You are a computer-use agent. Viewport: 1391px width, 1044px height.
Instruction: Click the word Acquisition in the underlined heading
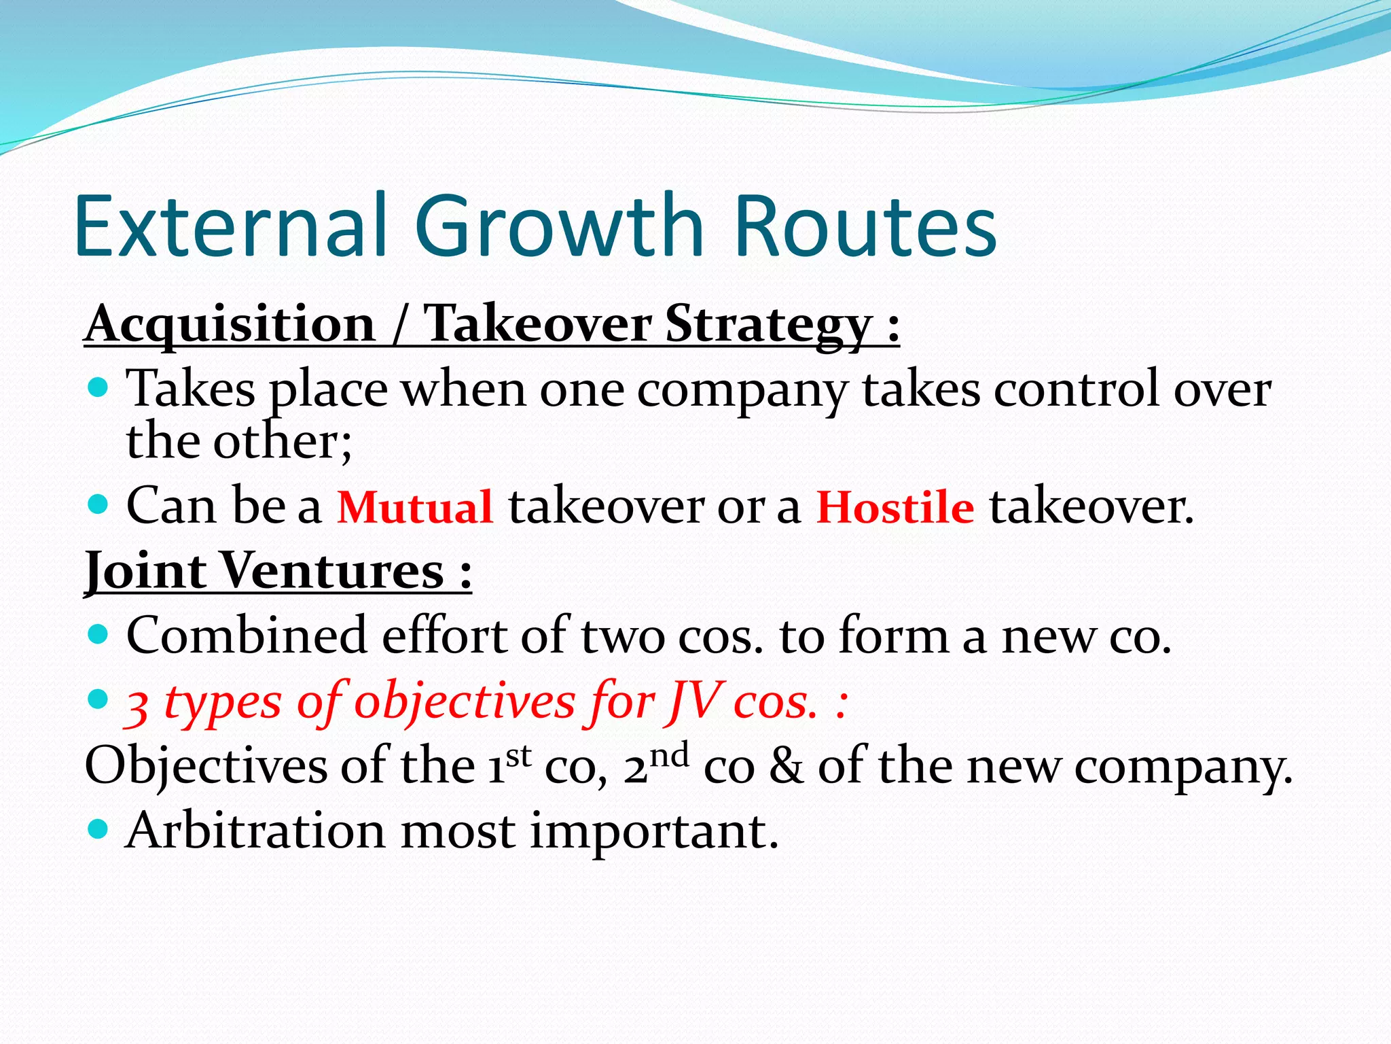coord(230,324)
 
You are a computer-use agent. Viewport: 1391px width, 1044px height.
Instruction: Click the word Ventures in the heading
coord(333,571)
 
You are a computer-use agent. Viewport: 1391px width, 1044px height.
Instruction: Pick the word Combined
coord(247,636)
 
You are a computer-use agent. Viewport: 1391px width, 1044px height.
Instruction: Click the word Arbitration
coord(255,831)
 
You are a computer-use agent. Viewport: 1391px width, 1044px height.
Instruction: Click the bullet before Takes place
coord(99,389)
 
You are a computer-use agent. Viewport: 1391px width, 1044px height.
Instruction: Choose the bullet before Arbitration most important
coord(99,829)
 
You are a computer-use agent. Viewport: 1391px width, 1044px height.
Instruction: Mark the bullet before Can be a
coord(99,505)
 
